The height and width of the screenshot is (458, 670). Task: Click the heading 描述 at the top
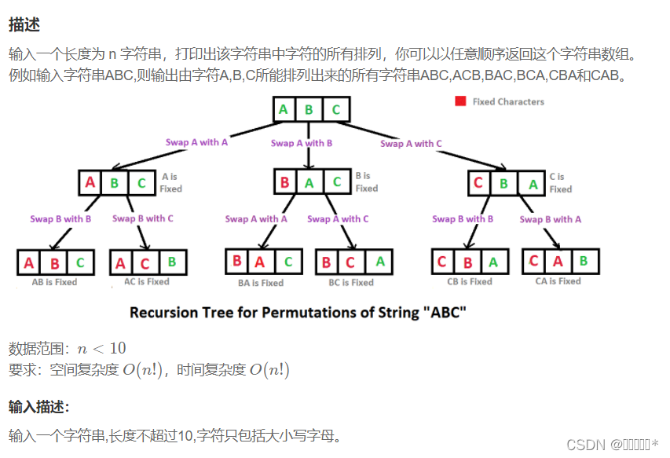(24, 26)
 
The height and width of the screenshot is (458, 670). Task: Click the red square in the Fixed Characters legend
(459, 101)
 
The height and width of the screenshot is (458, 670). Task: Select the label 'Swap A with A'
(196, 142)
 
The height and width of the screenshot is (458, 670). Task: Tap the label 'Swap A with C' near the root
(411, 143)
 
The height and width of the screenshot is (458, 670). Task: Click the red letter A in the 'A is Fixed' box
(90, 183)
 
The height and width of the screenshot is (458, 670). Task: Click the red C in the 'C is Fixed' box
(478, 184)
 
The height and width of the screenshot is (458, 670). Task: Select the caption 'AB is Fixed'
(54, 282)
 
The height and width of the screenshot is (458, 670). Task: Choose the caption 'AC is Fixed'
(147, 282)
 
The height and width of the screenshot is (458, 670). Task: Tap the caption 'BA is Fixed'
(260, 283)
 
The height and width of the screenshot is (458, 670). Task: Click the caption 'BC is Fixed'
(351, 283)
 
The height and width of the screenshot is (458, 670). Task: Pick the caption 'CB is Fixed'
(469, 282)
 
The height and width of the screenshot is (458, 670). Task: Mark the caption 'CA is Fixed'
(558, 281)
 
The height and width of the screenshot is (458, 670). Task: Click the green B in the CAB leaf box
(584, 261)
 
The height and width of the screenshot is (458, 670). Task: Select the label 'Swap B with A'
(550, 219)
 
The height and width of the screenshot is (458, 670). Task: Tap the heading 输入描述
(39, 406)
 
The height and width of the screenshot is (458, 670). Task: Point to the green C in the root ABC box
(336, 110)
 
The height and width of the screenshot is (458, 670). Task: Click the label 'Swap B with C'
(143, 218)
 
